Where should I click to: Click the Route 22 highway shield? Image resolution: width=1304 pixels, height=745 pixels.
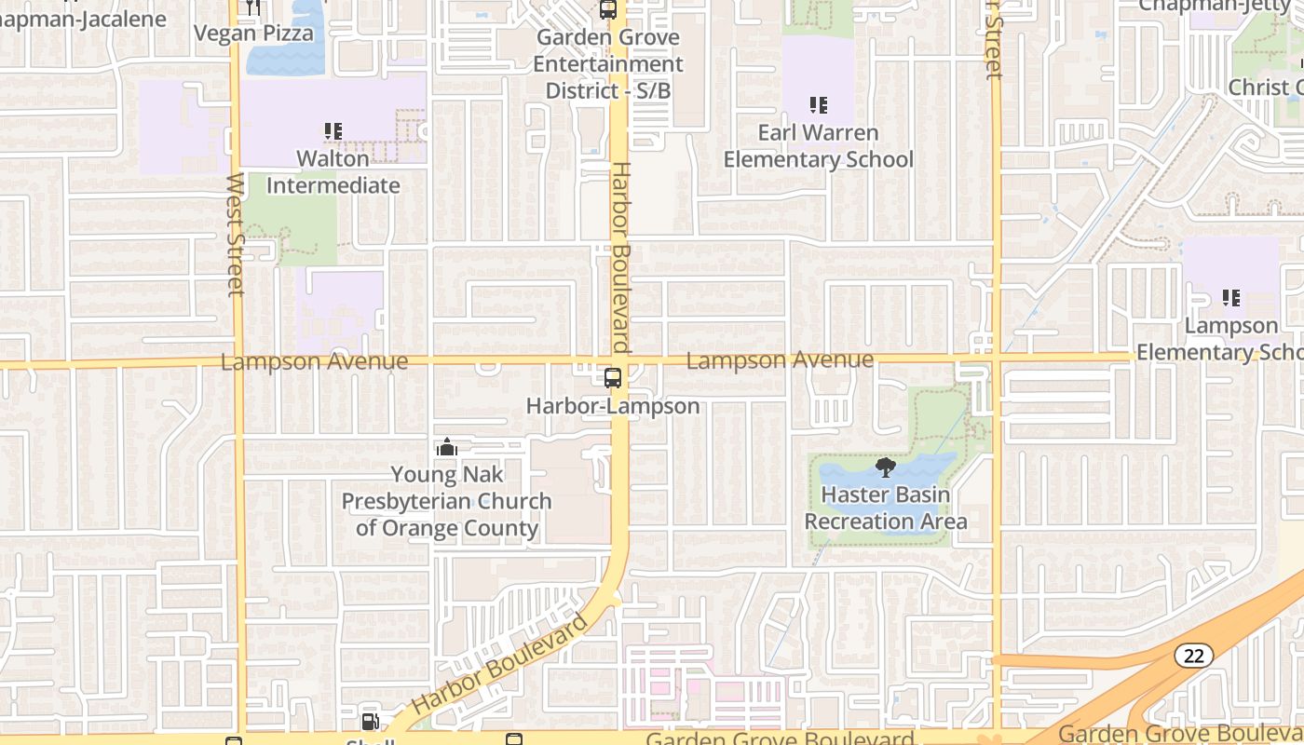point(1193,656)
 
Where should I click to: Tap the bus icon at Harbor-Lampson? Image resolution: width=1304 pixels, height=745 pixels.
point(613,378)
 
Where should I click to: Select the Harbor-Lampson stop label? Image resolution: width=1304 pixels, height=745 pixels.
point(613,406)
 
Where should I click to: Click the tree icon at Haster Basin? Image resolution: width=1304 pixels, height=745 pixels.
point(885,467)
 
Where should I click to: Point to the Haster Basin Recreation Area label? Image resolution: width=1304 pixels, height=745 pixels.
point(886,508)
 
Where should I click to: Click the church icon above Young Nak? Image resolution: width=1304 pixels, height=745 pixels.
point(447,448)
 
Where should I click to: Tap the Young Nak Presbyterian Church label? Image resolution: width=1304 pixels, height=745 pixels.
point(447,501)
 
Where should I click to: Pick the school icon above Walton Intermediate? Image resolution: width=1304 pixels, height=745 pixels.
point(333,131)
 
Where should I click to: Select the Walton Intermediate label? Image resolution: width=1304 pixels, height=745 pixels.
point(333,172)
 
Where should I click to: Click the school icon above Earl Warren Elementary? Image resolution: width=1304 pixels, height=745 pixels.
point(818,105)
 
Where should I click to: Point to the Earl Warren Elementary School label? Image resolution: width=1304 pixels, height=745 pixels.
point(818,146)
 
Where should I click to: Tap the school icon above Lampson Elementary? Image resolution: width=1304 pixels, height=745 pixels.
point(1231,298)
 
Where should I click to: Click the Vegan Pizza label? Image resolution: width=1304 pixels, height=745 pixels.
point(254,34)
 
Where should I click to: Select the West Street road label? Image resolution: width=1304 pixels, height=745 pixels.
point(235,235)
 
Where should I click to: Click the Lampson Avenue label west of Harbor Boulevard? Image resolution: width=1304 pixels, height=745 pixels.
point(314,361)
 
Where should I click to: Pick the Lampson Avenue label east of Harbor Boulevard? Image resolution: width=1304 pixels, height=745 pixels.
point(780,359)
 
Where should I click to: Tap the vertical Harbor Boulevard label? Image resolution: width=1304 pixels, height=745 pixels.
point(621,258)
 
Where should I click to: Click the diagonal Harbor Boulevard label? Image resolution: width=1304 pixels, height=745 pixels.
point(500,663)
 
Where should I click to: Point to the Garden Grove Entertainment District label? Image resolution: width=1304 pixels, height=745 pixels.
point(608,64)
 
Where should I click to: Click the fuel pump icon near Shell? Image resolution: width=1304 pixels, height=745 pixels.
point(370,722)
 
